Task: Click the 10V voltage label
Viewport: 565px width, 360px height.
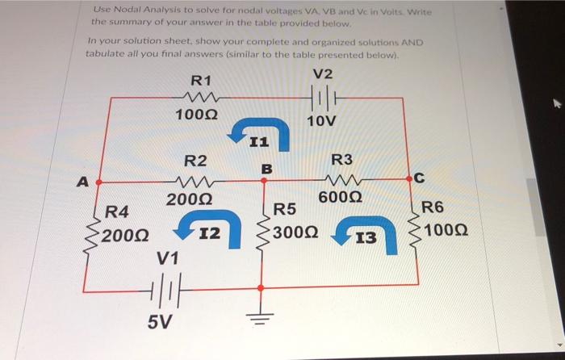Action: pyautogui.click(x=322, y=121)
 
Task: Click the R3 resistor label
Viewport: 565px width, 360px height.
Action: pyautogui.click(x=342, y=161)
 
